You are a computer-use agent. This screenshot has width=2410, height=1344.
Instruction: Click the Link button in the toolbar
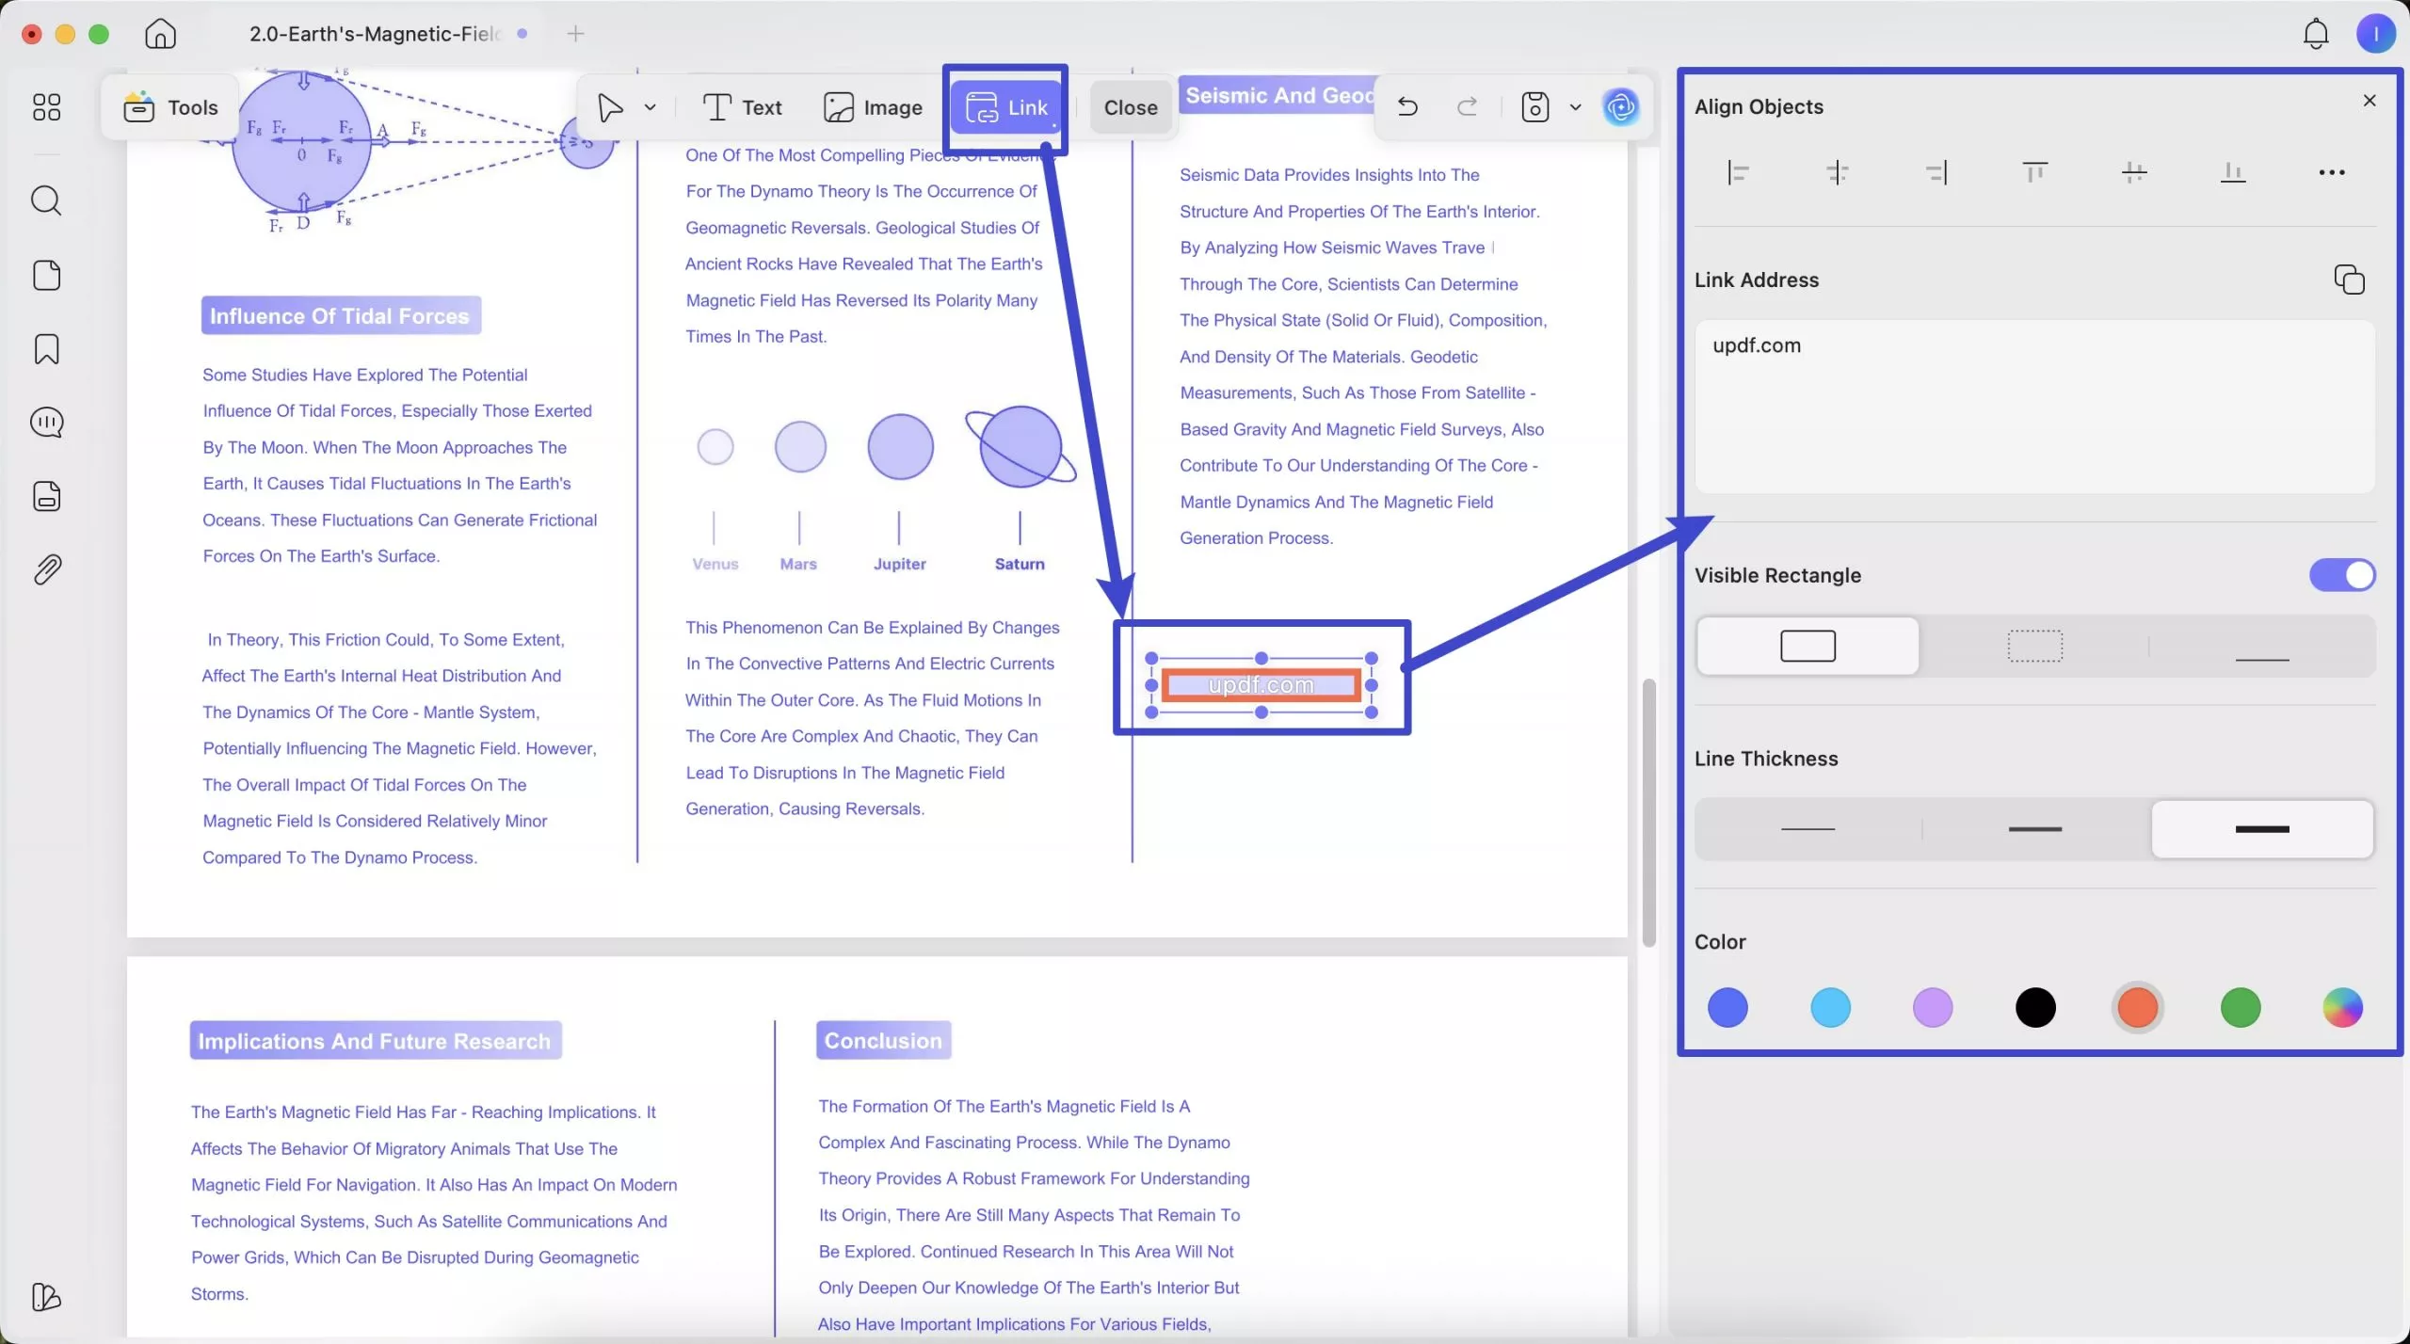tap(1006, 107)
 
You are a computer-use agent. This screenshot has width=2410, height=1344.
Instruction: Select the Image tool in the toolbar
tap(873, 107)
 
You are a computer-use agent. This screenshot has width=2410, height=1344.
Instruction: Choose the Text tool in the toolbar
tap(742, 107)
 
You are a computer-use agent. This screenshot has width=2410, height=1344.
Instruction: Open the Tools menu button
tap(170, 107)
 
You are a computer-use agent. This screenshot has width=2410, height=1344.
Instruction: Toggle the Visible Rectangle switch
tap(2341, 575)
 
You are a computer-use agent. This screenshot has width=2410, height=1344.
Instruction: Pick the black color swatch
tap(2034, 1008)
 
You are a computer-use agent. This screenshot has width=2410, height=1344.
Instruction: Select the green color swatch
tap(2240, 1008)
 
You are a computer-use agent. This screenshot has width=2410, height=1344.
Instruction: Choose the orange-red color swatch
tap(2137, 1008)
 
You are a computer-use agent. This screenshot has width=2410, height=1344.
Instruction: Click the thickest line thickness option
tap(2261, 829)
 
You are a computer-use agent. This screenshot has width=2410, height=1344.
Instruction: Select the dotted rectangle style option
tap(2034, 647)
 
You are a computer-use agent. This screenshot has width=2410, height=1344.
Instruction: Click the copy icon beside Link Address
tap(2349, 280)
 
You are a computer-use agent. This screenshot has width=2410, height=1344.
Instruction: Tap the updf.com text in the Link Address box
tap(1757, 345)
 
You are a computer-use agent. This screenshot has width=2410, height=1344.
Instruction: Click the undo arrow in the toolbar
tap(1407, 106)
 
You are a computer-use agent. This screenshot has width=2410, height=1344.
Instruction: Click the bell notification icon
tap(2315, 34)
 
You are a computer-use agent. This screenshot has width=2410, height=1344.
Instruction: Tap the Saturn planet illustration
tap(1020, 447)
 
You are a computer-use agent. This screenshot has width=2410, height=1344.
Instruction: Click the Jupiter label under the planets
tap(899, 564)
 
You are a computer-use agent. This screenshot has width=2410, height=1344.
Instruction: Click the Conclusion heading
tap(883, 1040)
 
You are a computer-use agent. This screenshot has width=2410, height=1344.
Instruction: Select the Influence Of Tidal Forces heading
tap(340, 316)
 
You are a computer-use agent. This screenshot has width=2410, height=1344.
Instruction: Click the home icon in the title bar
tap(160, 34)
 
